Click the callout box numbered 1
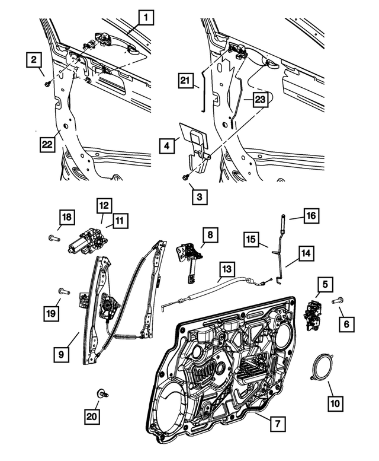(x=144, y=18)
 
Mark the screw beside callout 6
(x=339, y=301)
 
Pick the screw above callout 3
(x=187, y=176)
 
